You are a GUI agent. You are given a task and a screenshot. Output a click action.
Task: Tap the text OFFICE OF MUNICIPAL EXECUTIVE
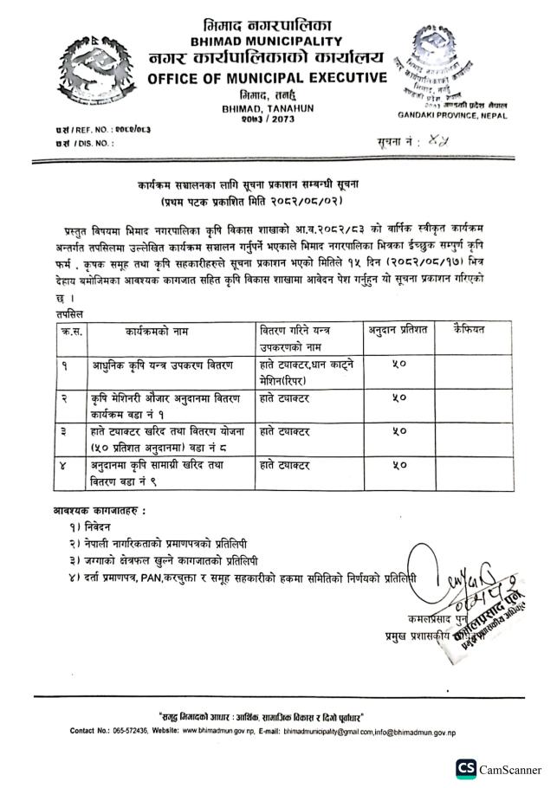tap(267, 80)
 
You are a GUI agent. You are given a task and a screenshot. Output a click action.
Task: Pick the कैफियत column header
tap(474, 331)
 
